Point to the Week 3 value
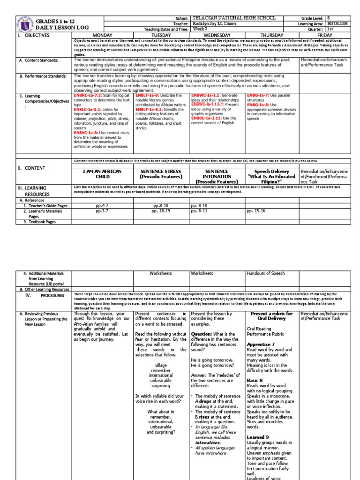(x=200, y=29)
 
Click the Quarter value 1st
(x=330, y=29)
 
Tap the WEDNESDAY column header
(x=218, y=35)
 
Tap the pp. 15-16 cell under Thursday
(x=256, y=211)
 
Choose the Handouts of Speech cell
(x=266, y=273)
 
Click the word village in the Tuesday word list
(x=161, y=364)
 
